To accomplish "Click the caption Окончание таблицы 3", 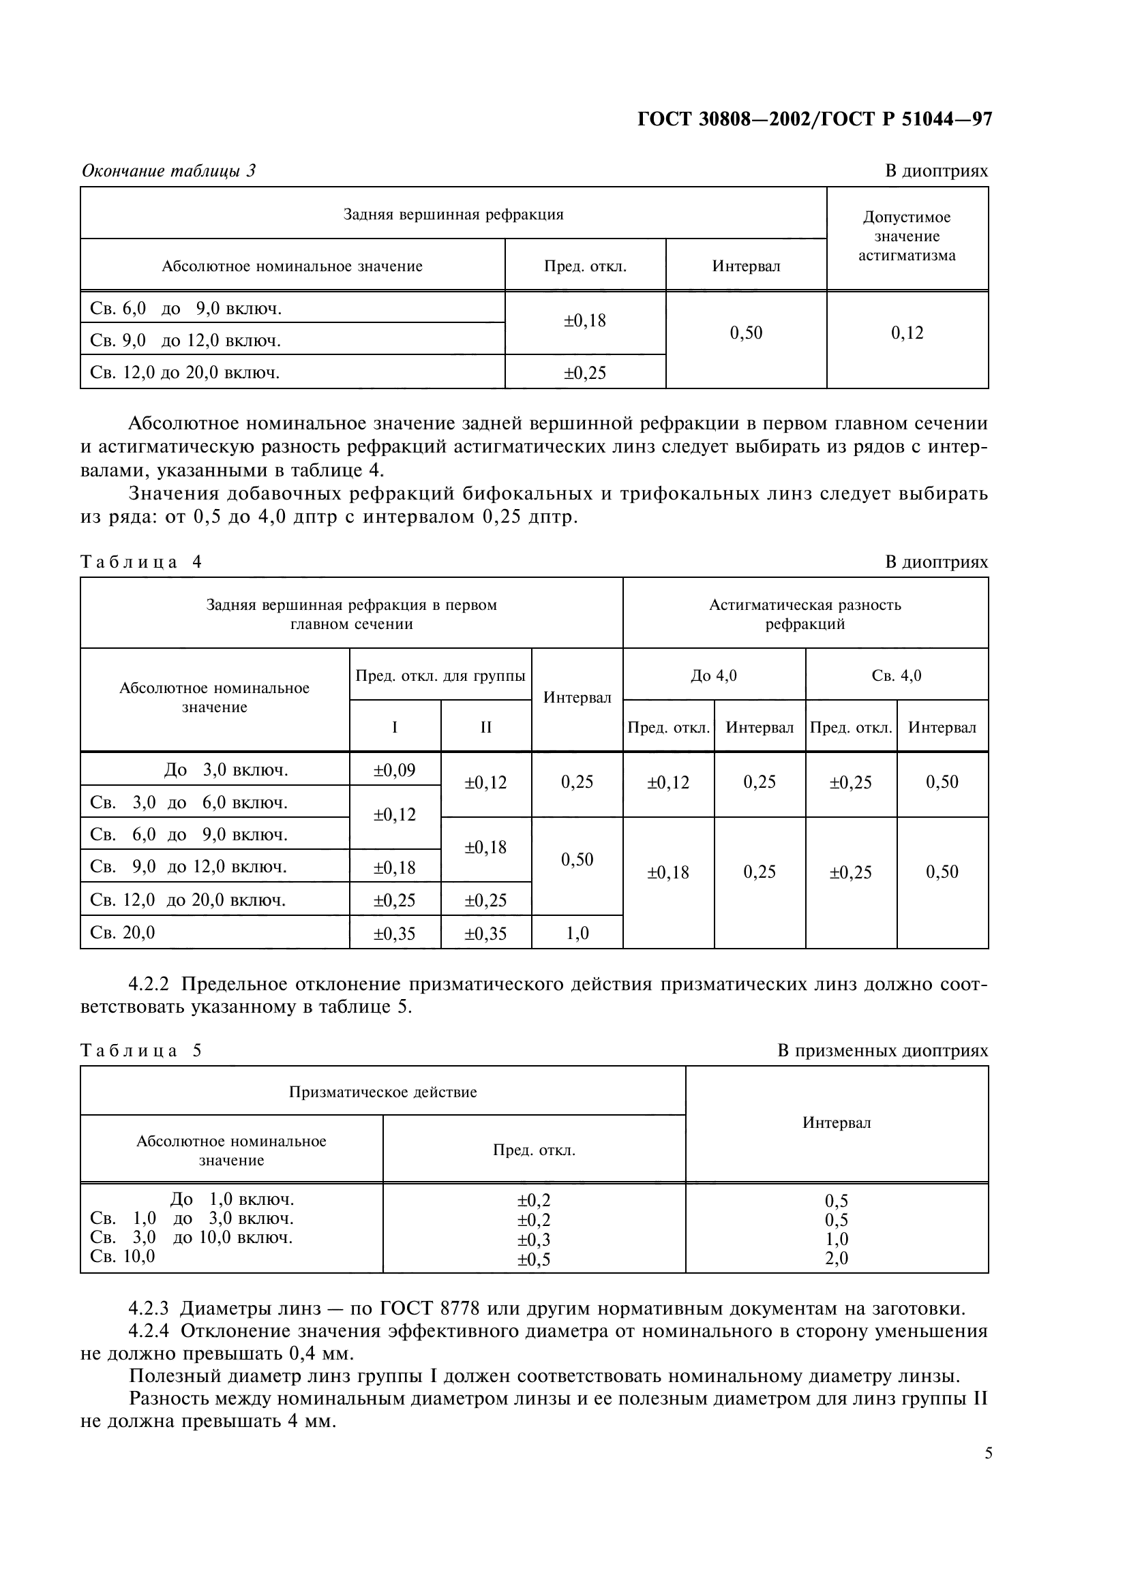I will pyautogui.click(x=168, y=171).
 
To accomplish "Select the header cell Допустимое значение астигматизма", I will pyautogui.click(x=907, y=236).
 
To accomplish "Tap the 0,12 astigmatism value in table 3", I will pyautogui.click(x=907, y=333).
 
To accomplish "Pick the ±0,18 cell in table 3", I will pyautogui.click(x=585, y=321).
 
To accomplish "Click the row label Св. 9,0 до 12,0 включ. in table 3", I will pyautogui.click(x=185, y=341).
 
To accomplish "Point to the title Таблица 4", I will pyautogui.click(x=141, y=562).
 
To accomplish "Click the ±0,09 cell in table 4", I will pyautogui.click(x=394, y=770).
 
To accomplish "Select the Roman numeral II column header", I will pyautogui.click(x=485, y=727).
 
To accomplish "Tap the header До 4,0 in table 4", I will pyautogui.click(x=714, y=675).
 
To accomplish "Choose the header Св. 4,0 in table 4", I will pyautogui.click(x=897, y=675).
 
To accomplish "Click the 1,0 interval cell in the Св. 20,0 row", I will pyautogui.click(x=577, y=934).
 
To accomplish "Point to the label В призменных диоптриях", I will pyautogui.click(x=882, y=1051).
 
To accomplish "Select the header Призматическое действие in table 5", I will pyautogui.click(x=382, y=1092).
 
